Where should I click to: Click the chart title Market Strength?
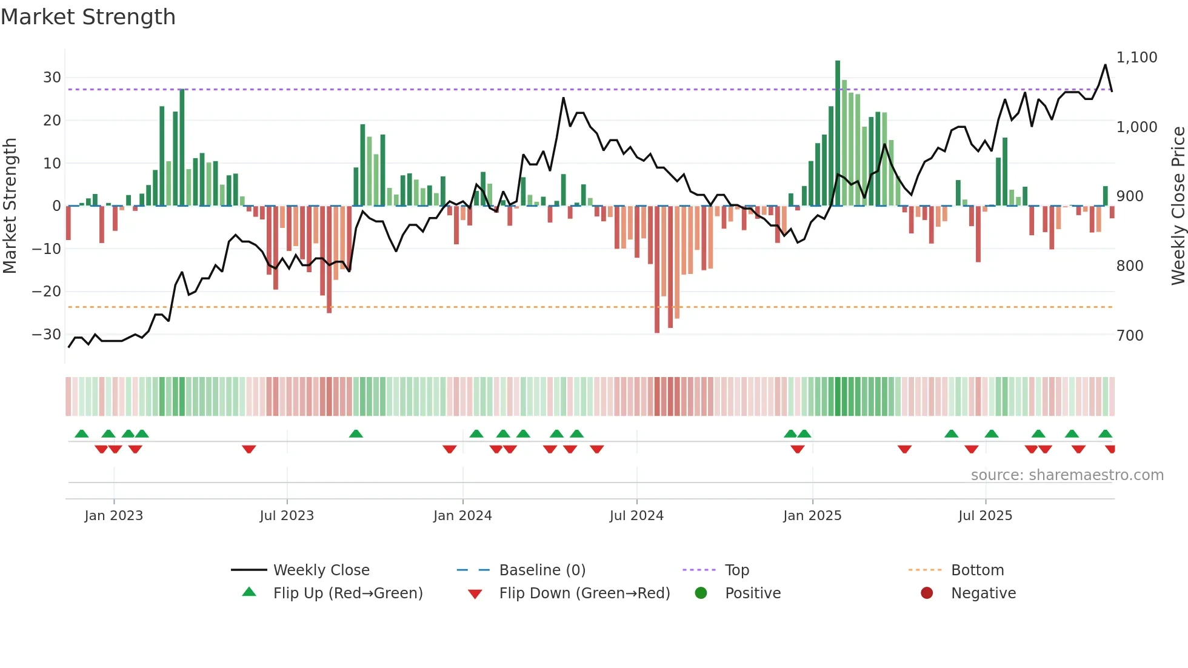tap(88, 17)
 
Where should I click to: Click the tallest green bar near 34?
tap(838, 133)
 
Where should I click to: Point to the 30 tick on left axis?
tap(52, 78)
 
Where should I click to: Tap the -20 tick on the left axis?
tap(47, 292)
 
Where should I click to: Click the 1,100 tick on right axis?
tap(1136, 58)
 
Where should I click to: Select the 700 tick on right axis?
tap(1130, 335)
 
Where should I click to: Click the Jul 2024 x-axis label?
tap(636, 516)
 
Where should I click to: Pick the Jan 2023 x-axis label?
tap(114, 516)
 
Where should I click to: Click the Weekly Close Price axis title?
tap(1178, 206)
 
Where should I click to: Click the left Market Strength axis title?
tap(10, 206)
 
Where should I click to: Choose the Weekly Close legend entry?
tap(321, 570)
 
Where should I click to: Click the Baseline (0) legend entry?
tap(542, 570)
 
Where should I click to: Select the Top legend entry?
tap(737, 570)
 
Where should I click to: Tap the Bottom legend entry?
tap(977, 570)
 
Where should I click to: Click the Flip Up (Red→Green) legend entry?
tap(347, 593)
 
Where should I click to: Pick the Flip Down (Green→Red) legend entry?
tap(584, 593)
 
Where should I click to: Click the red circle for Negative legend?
tap(927, 593)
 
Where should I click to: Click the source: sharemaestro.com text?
tap(1067, 475)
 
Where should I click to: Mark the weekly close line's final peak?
tap(1105, 65)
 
